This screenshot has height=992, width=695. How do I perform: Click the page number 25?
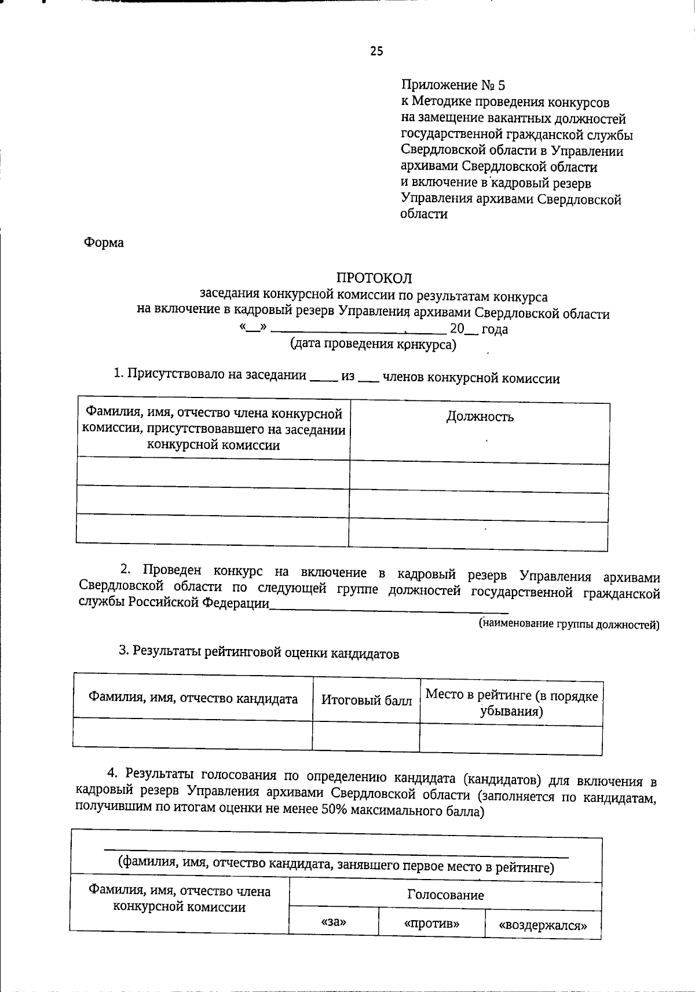pos(376,52)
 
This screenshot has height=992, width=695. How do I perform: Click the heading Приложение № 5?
pos(453,86)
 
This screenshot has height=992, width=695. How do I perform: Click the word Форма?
pos(104,243)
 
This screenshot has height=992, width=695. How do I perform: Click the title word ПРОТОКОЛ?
pos(374,279)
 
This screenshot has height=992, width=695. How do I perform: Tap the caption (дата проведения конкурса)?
pos(373,345)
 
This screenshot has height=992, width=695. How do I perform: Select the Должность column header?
pos(480,417)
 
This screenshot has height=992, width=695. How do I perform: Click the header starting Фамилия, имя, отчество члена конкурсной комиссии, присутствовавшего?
pos(213,429)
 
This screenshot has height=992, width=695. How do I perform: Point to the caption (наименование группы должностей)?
pos(569,624)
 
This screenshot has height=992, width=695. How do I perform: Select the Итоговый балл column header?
pos(367,701)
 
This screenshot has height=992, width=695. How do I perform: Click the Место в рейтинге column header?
pos(511,703)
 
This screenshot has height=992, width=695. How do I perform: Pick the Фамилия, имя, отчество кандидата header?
pos(193,698)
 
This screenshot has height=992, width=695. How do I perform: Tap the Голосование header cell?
pos(445,895)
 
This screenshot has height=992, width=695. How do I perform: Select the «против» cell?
pos(431,923)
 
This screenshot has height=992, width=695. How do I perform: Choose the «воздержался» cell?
pos(543,925)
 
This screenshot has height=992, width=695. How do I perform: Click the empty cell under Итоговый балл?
pos(366,736)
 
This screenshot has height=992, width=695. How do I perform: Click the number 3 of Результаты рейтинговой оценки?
pos(123,651)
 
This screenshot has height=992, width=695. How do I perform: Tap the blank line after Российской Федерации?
pos(388,607)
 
